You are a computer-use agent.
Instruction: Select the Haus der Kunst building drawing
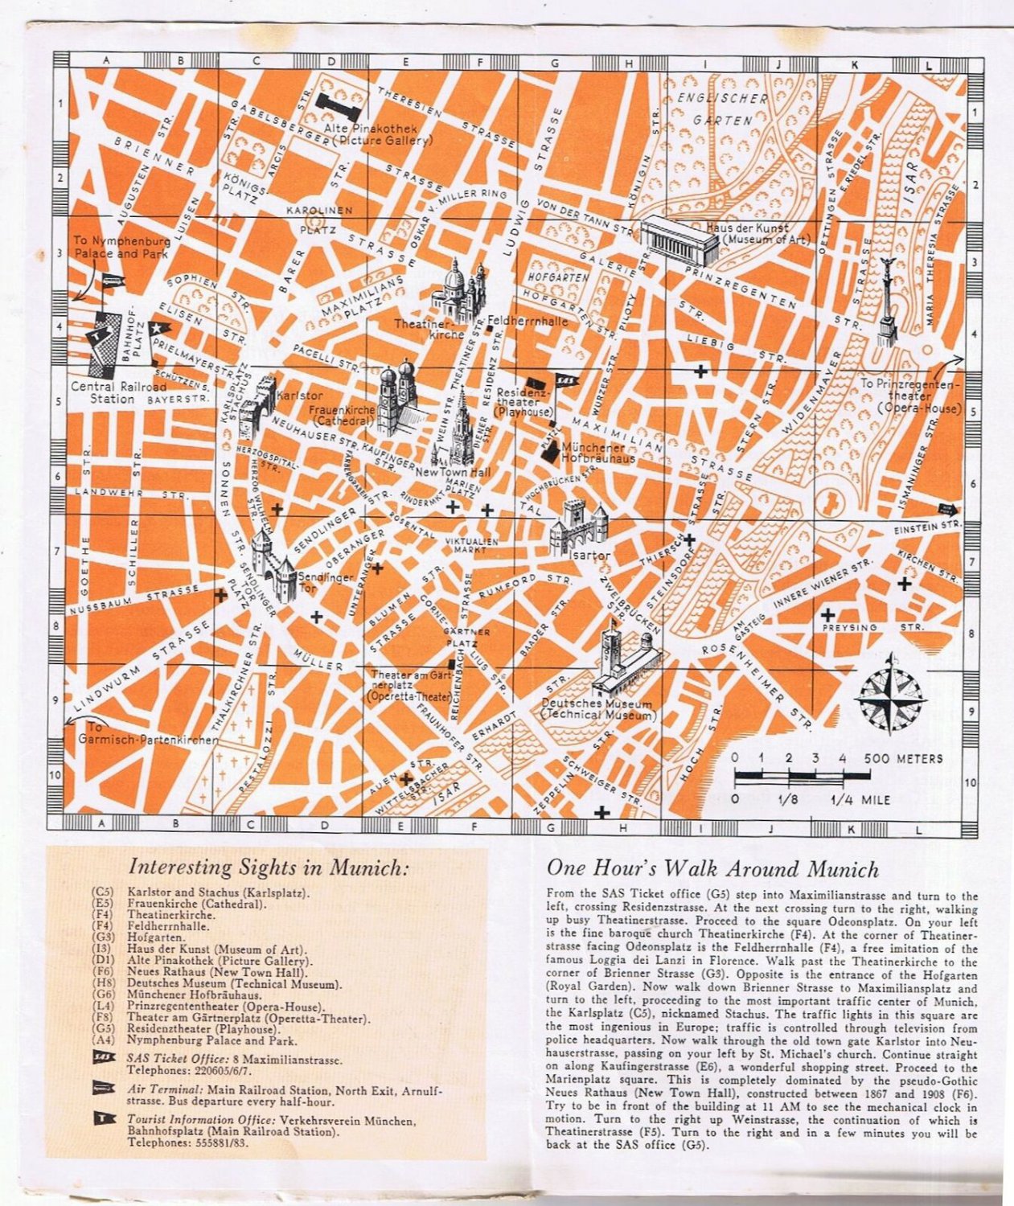(x=680, y=238)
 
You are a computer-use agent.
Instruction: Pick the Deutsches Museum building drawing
(x=624, y=663)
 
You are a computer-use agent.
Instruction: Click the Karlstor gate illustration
(x=257, y=407)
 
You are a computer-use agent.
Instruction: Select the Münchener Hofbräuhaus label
(x=598, y=453)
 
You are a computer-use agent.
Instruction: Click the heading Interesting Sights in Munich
(x=269, y=868)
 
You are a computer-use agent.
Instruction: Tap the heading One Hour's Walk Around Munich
(x=712, y=868)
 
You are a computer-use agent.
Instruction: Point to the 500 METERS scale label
(x=903, y=758)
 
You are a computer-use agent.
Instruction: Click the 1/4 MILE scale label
(x=860, y=800)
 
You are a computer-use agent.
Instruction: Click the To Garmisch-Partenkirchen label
(x=149, y=733)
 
